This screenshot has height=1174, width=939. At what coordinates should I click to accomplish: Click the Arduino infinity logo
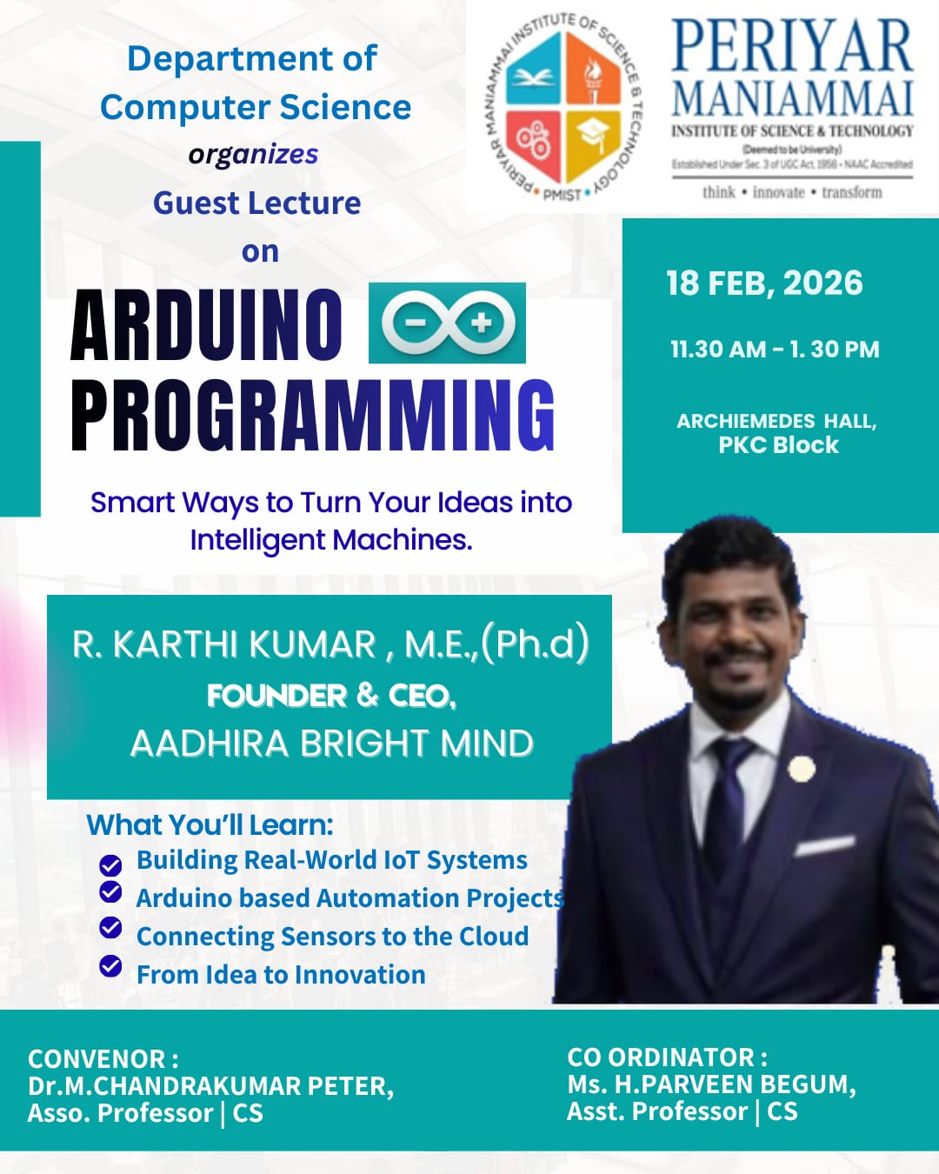[x=448, y=323]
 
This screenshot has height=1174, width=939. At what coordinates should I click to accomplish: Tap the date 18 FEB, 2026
[x=764, y=283]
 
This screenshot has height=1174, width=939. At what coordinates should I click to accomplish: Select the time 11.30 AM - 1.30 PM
[x=775, y=350]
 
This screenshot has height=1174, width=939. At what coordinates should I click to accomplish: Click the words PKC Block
[x=779, y=445]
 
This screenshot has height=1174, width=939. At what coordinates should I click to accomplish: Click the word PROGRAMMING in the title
[x=313, y=416]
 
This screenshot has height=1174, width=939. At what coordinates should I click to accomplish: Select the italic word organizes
[x=253, y=155]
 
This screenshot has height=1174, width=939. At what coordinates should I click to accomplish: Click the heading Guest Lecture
[x=257, y=203]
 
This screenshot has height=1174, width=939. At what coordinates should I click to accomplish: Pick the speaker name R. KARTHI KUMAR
[x=223, y=644]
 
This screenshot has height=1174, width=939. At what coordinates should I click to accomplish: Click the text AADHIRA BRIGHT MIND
[x=332, y=743]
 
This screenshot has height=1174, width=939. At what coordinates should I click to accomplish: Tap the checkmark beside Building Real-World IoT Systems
[x=110, y=865]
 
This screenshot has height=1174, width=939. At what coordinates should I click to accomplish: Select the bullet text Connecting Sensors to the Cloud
[x=332, y=936]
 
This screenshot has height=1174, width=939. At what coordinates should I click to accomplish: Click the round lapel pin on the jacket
[x=802, y=769]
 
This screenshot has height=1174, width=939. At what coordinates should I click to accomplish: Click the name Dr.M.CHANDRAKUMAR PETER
[x=210, y=1085]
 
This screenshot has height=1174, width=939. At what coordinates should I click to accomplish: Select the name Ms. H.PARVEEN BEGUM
[x=711, y=1084]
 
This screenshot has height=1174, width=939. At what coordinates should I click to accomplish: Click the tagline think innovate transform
[x=792, y=192]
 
